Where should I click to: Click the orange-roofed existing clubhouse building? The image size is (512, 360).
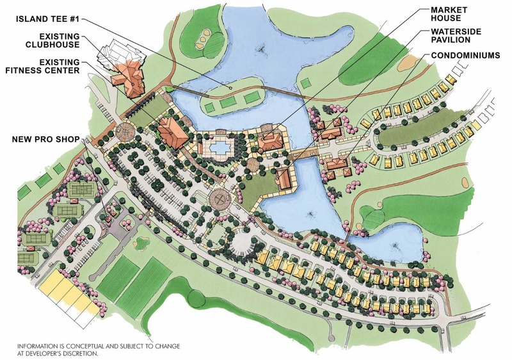tap(127, 77)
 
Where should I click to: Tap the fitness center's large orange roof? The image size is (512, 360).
tap(172, 129)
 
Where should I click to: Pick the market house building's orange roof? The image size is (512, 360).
tap(272, 138)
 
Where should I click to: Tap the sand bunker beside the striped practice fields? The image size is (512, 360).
tap(140, 243)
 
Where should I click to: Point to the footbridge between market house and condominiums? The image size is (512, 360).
tap(305, 154)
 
